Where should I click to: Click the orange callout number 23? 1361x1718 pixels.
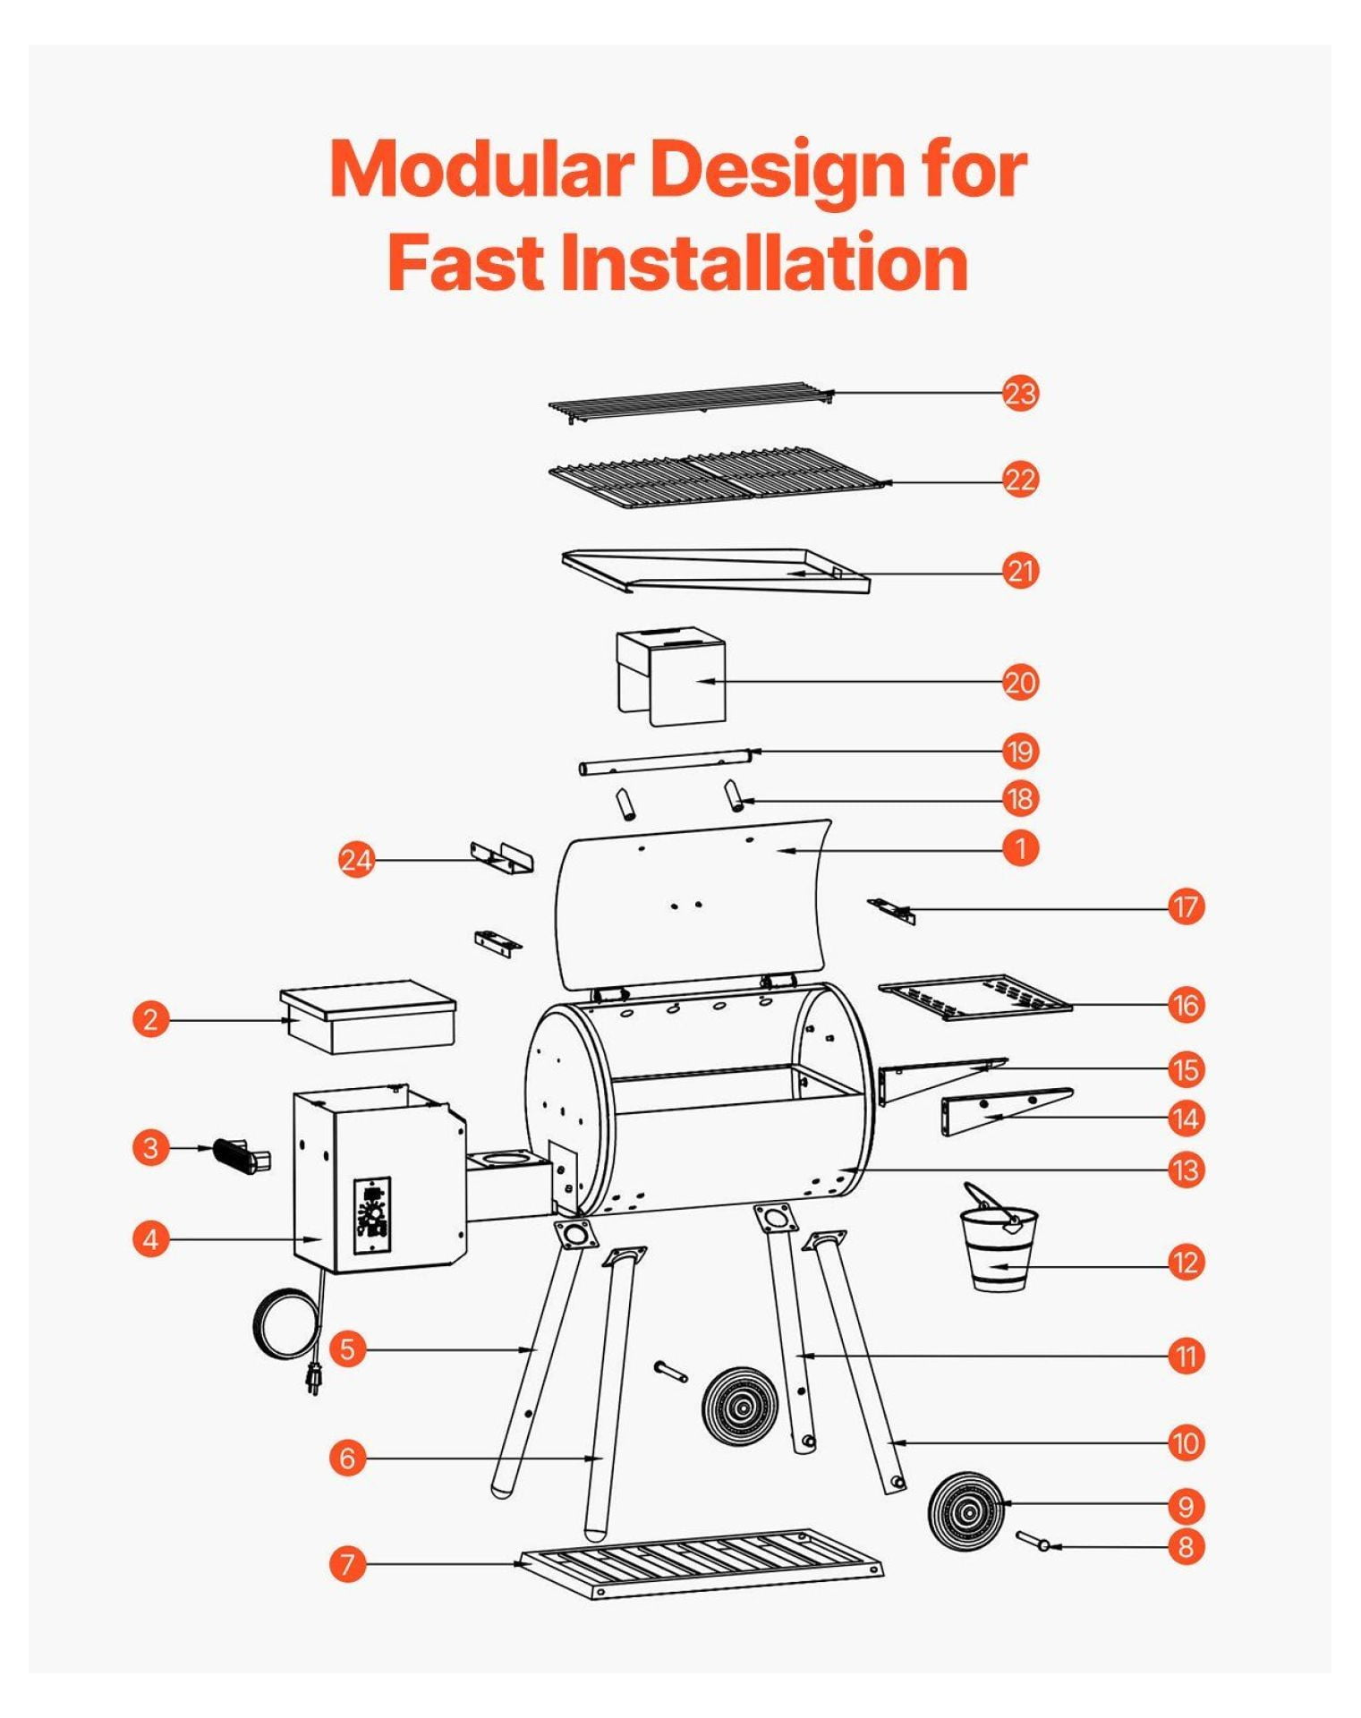(1019, 393)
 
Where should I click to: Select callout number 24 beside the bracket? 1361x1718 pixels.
(356, 860)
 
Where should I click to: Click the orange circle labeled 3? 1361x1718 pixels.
(150, 1147)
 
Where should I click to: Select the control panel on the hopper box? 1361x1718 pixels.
(372, 1214)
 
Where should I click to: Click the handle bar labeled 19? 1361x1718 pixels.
(664, 761)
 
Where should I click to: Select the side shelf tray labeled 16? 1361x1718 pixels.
(974, 997)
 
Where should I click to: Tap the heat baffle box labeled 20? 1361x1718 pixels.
(670, 676)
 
